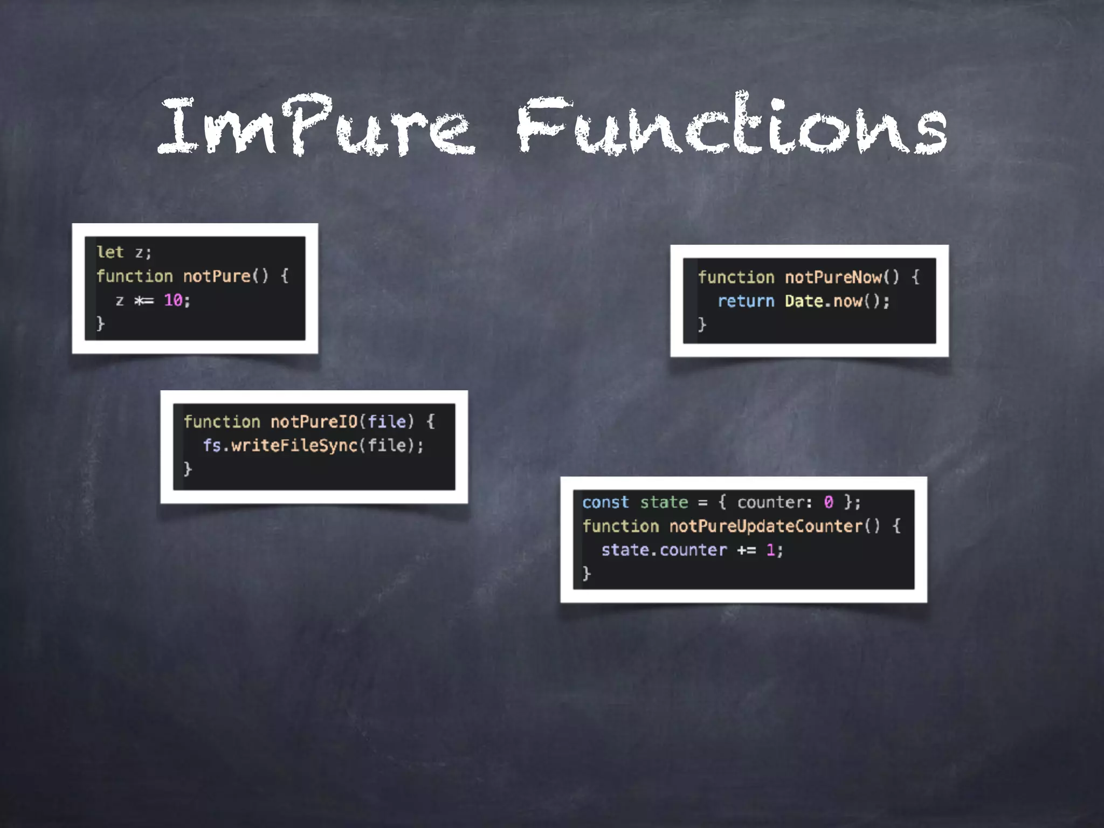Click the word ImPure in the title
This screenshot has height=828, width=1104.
tap(315, 127)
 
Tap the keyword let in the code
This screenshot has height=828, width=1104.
tap(110, 252)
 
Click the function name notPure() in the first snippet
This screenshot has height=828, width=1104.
tap(225, 276)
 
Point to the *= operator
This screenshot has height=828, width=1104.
tap(144, 300)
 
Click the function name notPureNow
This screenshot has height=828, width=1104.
tap(833, 277)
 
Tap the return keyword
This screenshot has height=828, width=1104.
tap(746, 301)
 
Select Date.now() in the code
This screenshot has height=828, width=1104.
tap(836, 301)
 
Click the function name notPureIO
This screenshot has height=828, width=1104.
tap(314, 422)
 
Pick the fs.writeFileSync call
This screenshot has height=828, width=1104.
tap(280, 445)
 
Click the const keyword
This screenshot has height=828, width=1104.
tap(605, 502)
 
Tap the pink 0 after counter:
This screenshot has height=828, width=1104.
tap(829, 502)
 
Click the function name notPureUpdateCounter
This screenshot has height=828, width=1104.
tap(765, 526)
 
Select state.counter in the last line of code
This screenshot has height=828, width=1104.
tap(664, 550)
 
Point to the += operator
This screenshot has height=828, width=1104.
tap(747, 550)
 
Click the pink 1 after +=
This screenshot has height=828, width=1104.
tap(771, 550)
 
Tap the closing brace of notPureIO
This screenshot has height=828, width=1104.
tap(188, 468)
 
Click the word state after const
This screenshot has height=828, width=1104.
tap(664, 502)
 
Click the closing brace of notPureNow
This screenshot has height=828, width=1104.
tap(702, 324)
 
